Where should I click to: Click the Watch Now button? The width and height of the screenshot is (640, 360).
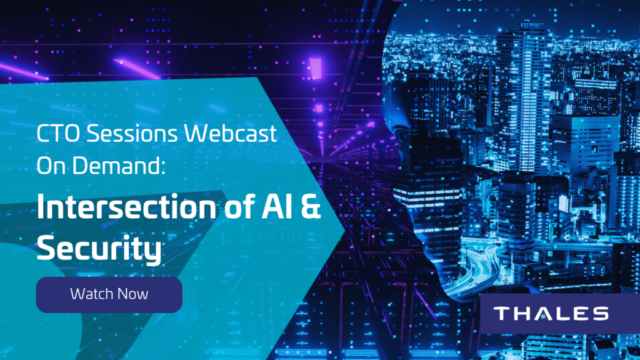point(109,295)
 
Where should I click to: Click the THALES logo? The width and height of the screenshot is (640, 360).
point(551,314)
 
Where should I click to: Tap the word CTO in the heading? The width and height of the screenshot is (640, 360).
point(58,134)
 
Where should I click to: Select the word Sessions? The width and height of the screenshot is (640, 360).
point(132,134)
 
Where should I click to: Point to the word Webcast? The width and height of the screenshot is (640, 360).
point(231,134)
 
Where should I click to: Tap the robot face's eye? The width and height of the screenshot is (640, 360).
point(402,135)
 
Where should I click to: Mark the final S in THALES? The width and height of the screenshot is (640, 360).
point(601,314)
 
